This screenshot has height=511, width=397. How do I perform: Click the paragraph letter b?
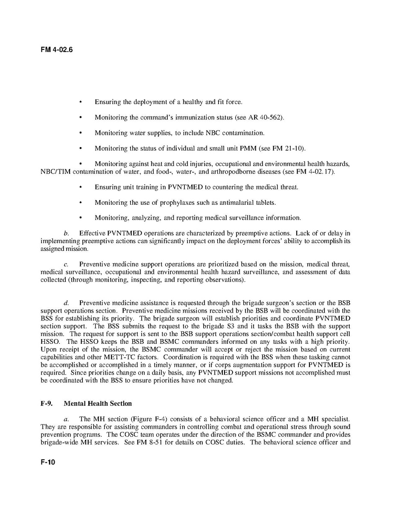[x=66, y=233]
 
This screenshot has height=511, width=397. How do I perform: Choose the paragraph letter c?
[x=66, y=264]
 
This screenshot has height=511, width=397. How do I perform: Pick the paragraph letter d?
[x=66, y=303]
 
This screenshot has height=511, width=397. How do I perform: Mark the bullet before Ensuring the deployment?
[x=81, y=102]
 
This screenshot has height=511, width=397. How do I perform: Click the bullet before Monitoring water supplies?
[x=81, y=133]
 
